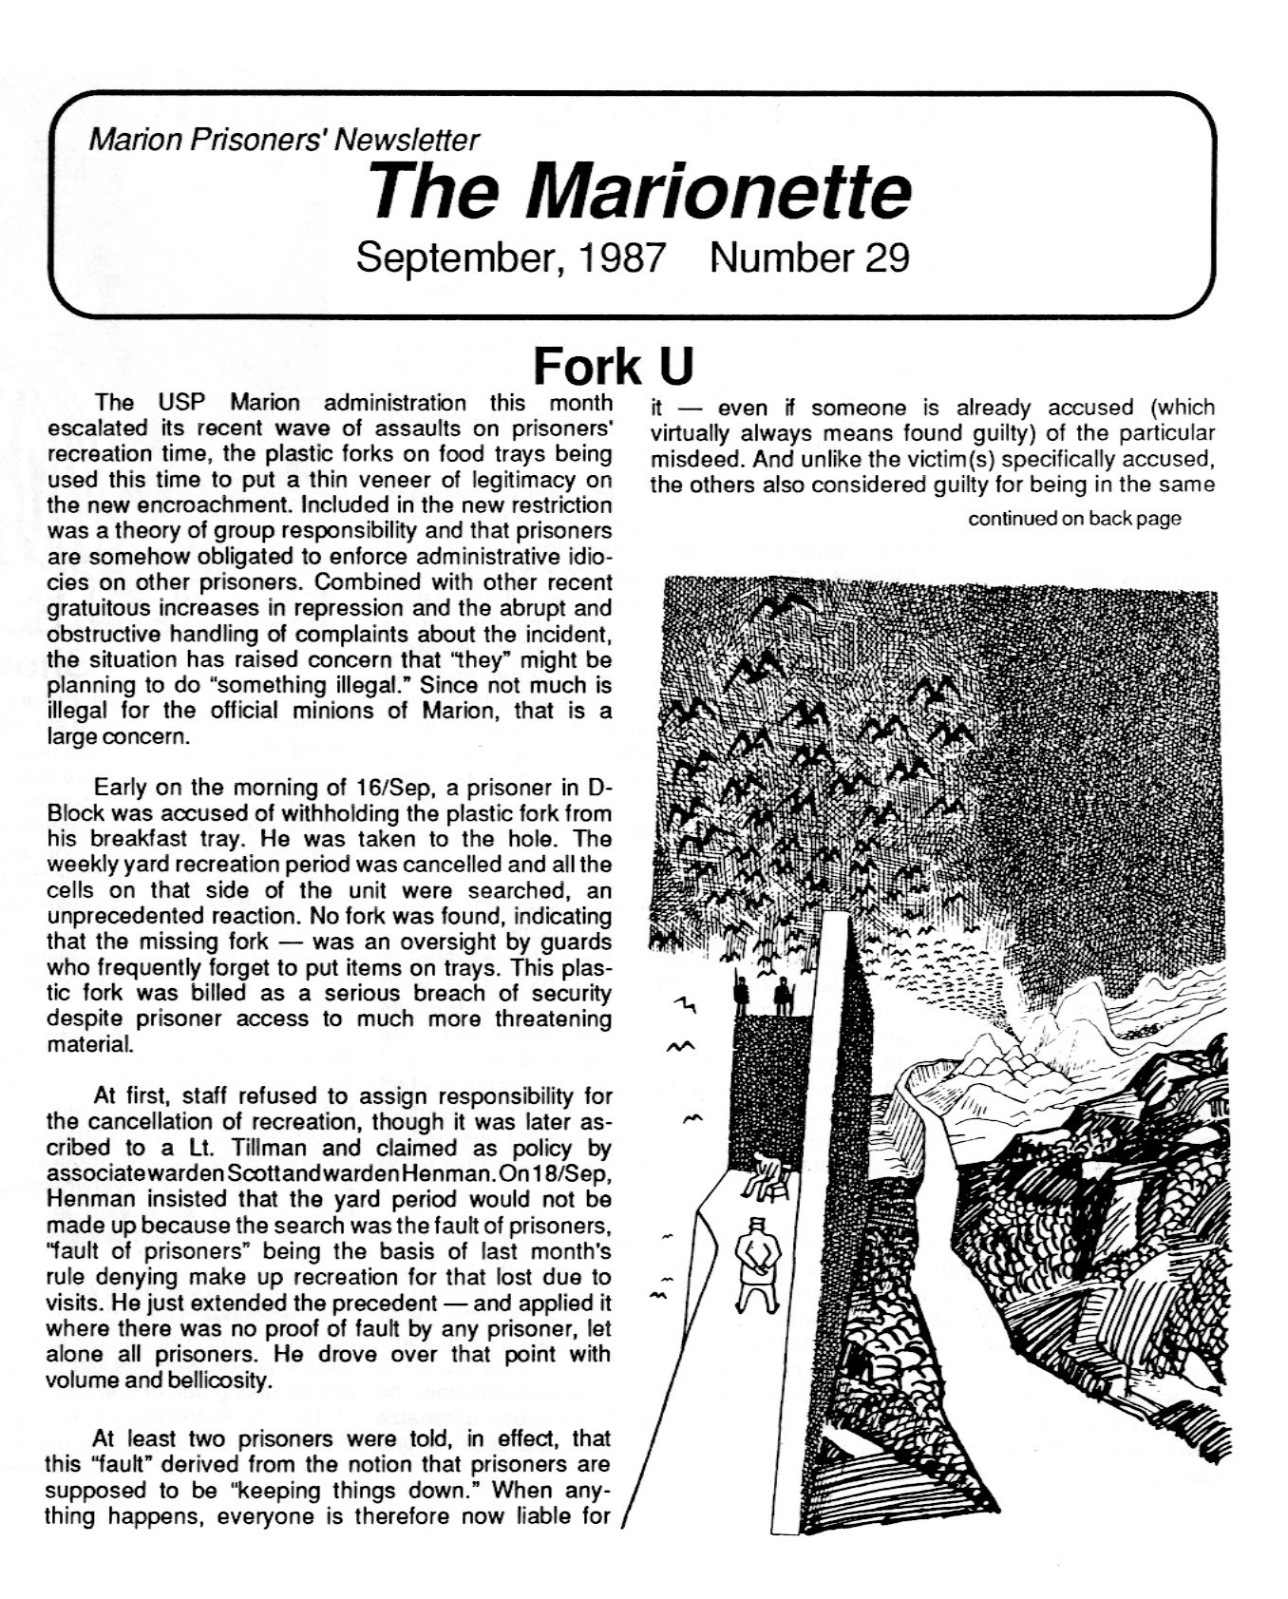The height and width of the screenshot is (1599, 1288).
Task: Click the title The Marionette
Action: [641, 190]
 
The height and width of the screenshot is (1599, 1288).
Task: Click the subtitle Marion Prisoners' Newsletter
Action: [284, 141]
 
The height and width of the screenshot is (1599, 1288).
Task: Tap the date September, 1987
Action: [509, 257]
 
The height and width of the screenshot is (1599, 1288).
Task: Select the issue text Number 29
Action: [809, 257]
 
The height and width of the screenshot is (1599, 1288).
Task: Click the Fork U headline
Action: [614, 365]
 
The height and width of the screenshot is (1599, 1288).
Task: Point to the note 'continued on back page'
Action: [1073, 519]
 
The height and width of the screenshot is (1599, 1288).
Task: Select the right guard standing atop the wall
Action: [782, 997]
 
